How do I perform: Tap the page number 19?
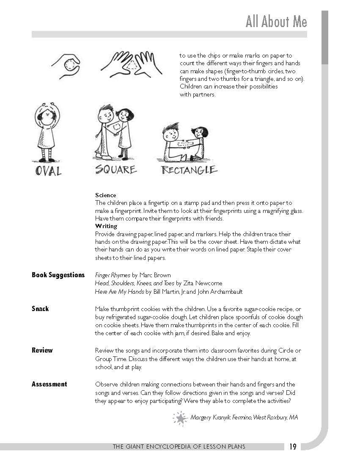tap(293, 447)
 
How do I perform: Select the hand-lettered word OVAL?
tap(48, 171)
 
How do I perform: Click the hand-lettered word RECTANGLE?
tap(189, 170)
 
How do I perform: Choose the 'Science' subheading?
tap(105, 195)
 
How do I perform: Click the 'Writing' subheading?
tap(106, 226)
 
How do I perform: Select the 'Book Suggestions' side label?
tap(58, 275)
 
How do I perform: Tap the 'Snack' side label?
tap(40, 309)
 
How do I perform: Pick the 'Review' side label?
tap(42, 350)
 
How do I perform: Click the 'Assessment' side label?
tap(49, 384)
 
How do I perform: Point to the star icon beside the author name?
tap(181, 418)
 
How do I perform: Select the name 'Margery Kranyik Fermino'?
tap(221, 418)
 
